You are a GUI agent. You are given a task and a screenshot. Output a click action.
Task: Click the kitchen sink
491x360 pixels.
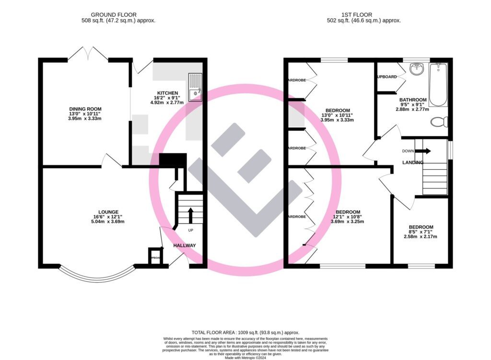tap(196, 87)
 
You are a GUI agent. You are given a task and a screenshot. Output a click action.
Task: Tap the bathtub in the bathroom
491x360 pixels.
tap(438, 84)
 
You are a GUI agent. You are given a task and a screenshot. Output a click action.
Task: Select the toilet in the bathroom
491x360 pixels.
tap(439, 122)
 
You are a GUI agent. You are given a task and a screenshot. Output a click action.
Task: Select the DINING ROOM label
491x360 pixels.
tap(85, 109)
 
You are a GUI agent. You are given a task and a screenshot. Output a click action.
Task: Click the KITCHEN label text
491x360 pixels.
tap(167, 93)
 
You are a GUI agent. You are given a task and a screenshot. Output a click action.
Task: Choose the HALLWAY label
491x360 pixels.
tap(185, 245)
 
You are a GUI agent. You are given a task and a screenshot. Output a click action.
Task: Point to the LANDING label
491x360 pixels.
tap(413, 163)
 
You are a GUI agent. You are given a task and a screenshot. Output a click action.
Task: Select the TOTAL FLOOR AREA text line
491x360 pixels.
tap(245, 332)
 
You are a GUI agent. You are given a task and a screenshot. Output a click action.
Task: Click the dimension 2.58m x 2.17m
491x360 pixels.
tap(421, 236)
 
